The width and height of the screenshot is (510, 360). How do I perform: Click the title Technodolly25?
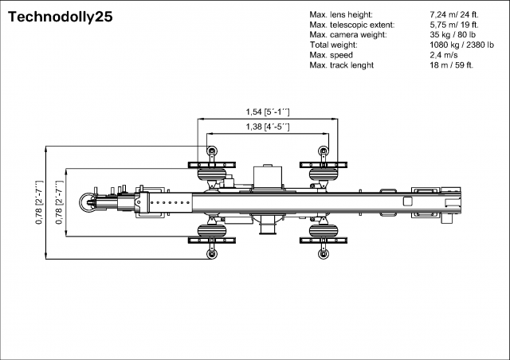[x=55, y=18]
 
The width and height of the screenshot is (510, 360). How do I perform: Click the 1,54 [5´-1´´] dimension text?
[x=267, y=112]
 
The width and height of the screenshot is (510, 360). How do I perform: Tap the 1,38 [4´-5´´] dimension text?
[x=267, y=127]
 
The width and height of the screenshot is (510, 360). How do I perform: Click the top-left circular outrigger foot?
[x=211, y=151]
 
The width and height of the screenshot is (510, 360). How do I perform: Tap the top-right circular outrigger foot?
[x=323, y=151]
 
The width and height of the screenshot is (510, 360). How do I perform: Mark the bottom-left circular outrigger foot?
[x=211, y=254]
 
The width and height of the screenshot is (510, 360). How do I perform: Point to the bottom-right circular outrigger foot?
[x=323, y=254]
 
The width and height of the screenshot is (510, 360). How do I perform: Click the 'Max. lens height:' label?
[x=339, y=15]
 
